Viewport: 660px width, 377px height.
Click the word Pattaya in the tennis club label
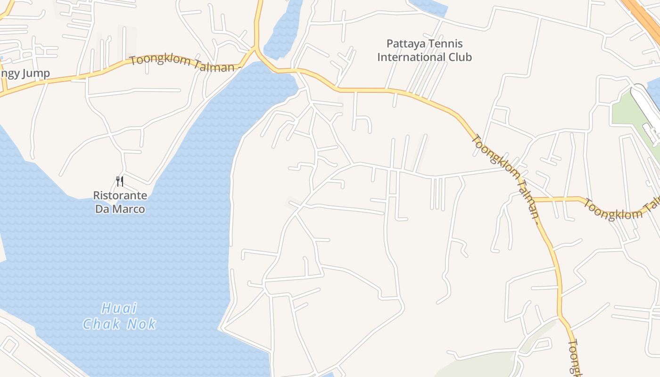coord(404,44)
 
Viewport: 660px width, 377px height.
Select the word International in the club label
coord(408,57)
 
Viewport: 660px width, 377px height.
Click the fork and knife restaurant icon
coord(120,181)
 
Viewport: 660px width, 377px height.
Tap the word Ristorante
coord(120,196)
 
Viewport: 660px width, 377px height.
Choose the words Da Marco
coord(120,209)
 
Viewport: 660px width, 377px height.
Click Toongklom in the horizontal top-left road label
coord(161,62)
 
